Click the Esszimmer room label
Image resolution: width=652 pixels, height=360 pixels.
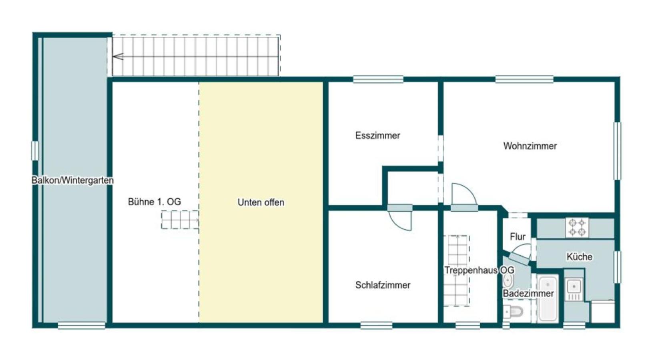click(x=377, y=136)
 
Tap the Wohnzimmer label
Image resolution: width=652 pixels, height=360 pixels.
click(x=530, y=146)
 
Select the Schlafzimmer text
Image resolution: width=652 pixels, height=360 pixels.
click(x=383, y=285)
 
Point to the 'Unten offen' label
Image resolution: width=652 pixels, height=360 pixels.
click(x=261, y=202)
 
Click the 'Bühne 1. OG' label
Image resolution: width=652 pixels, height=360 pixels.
click(x=154, y=202)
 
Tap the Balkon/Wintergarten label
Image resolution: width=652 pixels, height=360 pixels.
click(x=72, y=180)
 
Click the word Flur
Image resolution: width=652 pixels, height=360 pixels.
click(x=518, y=237)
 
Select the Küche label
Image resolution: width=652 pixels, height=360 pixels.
click(x=579, y=257)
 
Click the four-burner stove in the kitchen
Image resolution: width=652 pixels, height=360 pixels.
click(x=577, y=227)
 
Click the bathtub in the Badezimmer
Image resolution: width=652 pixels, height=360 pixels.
click(x=548, y=298)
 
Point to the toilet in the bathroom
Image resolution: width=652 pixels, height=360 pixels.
click(x=513, y=312)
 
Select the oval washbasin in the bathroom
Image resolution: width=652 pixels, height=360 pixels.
click(x=508, y=281)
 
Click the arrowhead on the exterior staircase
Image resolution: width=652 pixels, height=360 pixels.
click(x=118, y=57)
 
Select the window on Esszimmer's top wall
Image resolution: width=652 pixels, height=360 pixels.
click(x=378, y=79)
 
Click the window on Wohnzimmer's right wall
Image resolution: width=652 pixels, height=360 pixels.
click(x=617, y=151)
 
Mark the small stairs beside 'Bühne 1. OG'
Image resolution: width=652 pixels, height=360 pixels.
click(x=180, y=220)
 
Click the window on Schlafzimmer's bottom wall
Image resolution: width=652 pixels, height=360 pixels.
click(x=376, y=325)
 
